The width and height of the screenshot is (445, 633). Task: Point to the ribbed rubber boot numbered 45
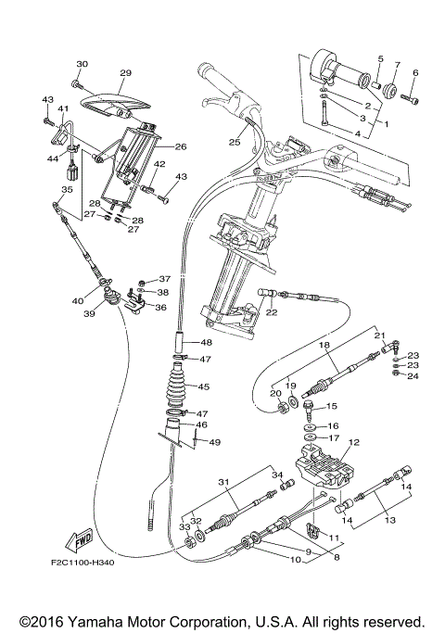[x=177, y=387]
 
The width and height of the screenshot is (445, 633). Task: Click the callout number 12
[x=354, y=443]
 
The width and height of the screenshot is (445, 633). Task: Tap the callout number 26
[x=180, y=146]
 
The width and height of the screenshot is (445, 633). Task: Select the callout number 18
[x=324, y=345]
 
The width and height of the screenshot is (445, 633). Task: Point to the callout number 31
[x=223, y=482]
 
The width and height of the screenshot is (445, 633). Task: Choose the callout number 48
[x=208, y=341]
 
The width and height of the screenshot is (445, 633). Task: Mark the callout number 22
[x=272, y=312]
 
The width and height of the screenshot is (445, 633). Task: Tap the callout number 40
[x=77, y=300]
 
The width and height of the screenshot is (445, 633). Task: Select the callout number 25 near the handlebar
[x=235, y=143]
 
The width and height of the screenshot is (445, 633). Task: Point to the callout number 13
[x=389, y=521]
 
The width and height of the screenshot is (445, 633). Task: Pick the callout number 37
[x=165, y=279]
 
